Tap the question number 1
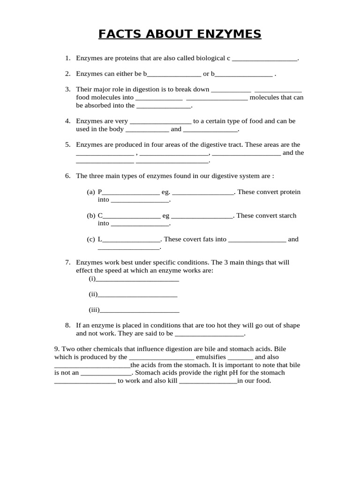point(68,59)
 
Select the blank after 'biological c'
point(265,60)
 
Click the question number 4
point(68,121)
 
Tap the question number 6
point(68,176)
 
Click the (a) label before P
point(91,192)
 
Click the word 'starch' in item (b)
point(287,216)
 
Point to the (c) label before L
point(91,239)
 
